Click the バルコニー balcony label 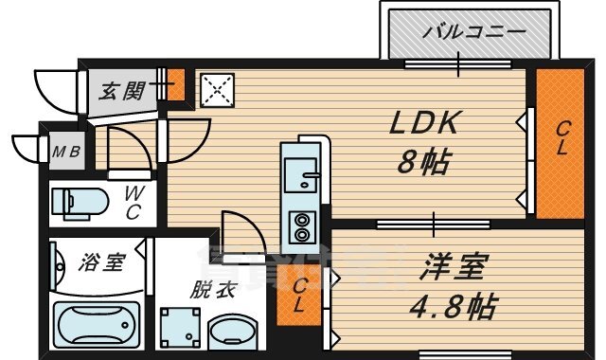(472, 31)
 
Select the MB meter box (63, 150)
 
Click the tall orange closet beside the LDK (561, 142)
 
